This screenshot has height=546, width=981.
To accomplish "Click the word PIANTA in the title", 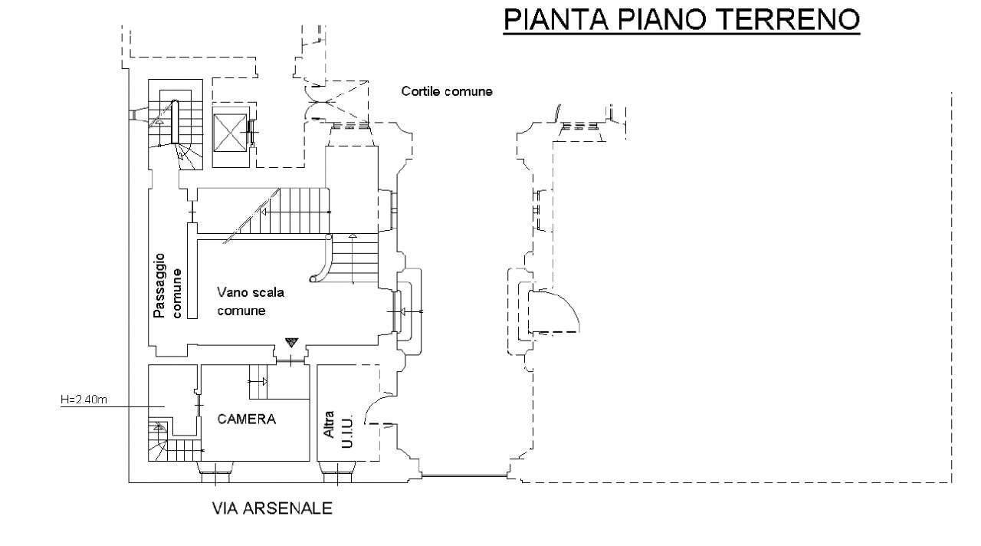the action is (556, 20).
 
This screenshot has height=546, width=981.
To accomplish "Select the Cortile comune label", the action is (447, 91).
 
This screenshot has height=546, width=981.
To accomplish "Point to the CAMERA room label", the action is (247, 419).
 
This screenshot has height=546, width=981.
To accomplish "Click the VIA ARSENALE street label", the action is (272, 508).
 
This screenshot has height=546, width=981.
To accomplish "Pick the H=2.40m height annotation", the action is (84, 400).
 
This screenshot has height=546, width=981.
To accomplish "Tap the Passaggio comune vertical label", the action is (166, 286).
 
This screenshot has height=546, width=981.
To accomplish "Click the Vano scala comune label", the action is (251, 301).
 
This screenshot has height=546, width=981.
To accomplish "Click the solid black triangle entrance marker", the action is (291, 342).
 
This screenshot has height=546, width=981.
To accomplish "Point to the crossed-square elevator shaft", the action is (229, 133).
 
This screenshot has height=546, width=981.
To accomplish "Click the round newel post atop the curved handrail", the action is (329, 237).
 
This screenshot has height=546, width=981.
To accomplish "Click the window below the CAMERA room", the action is (215, 472).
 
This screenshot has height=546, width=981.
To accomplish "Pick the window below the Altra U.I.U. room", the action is (336, 472).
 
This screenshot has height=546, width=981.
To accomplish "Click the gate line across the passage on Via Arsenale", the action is (464, 476).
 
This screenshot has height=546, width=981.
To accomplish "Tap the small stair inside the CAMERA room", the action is (258, 382).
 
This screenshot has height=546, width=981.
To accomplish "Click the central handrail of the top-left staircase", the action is (175, 121).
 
